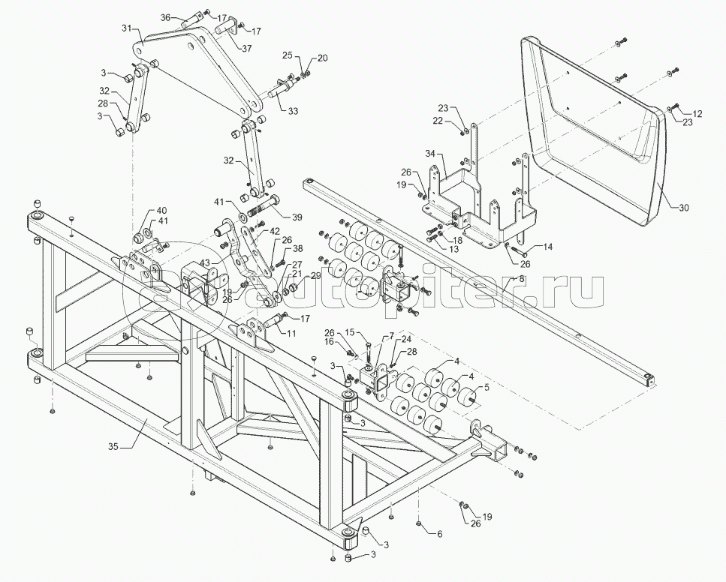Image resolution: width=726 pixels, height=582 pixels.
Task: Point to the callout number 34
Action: click(430, 154)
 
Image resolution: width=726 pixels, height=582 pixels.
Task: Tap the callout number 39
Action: click(297, 217)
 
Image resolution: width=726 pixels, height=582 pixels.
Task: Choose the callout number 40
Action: click(162, 210)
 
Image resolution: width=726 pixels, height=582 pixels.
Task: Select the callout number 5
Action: click(487, 387)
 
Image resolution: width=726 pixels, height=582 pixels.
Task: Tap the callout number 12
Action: click(697, 114)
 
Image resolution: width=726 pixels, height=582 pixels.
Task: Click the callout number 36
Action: click(167, 16)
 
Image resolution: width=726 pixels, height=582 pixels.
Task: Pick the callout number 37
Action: click(247, 47)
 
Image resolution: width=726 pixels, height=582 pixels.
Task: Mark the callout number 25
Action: click(287, 56)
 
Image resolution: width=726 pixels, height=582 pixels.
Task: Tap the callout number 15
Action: click(349, 331)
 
